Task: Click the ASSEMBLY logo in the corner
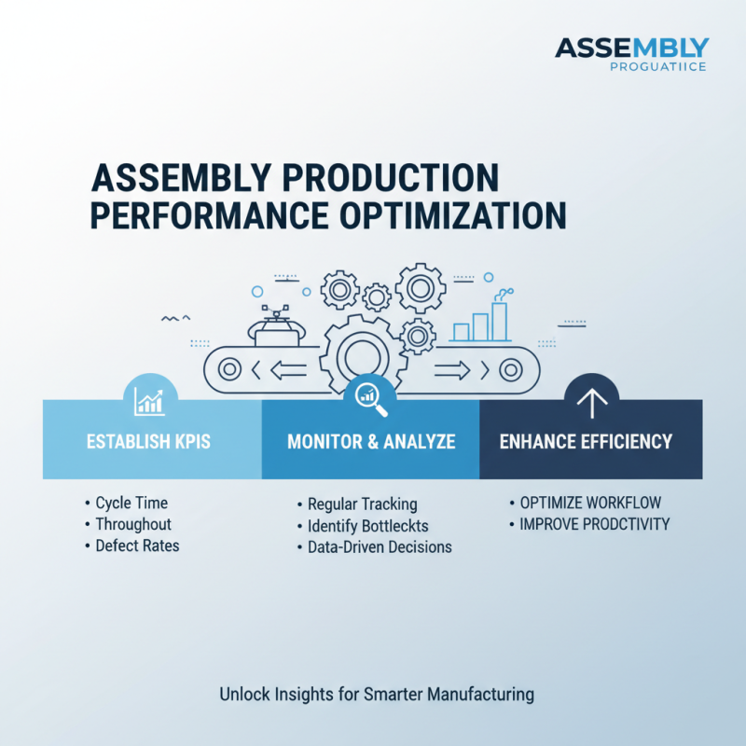point(631,53)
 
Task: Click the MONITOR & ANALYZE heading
point(371,441)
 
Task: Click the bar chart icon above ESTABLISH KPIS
point(150,401)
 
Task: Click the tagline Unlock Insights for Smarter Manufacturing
point(377,694)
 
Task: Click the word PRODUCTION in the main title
point(376,177)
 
